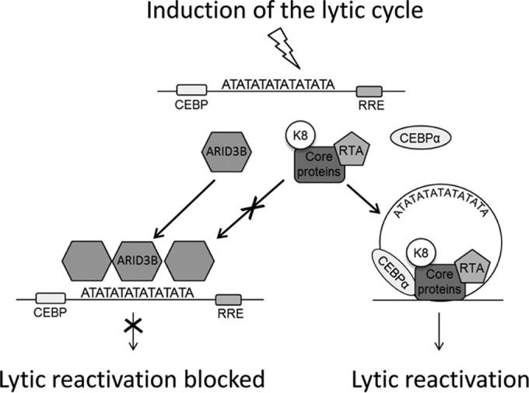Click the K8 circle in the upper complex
point(302,135)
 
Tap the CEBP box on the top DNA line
point(193,91)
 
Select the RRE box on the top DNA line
point(370,91)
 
